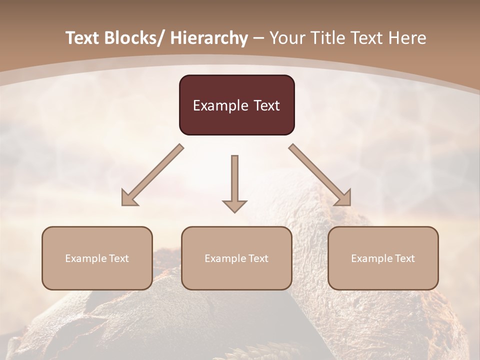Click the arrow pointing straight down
(x=234, y=182)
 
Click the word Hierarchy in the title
(x=208, y=38)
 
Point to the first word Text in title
(x=83, y=38)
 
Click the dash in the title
(x=258, y=38)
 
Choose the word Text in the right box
(x=404, y=258)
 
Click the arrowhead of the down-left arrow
(x=129, y=198)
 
